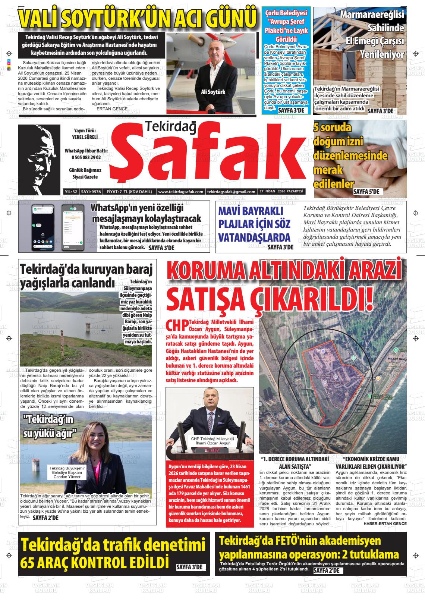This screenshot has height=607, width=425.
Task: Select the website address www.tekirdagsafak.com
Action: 180,192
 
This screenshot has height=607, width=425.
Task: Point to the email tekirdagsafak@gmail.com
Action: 231,192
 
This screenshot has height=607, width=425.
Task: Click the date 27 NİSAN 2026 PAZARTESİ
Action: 282,192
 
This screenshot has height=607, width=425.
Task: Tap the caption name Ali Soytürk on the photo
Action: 213,92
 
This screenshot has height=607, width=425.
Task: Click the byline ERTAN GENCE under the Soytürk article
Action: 112,109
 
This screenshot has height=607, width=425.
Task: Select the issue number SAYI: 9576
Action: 91,192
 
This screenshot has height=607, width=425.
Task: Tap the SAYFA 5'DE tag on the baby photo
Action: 366,192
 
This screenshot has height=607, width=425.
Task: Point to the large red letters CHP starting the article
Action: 177,325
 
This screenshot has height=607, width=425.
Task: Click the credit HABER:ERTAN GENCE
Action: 385,523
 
